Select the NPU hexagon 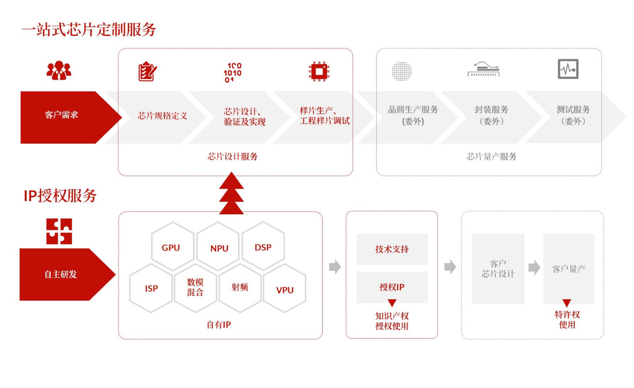click(x=218, y=247)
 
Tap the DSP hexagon click(x=263, y=247)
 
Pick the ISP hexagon click(x=151, y=288)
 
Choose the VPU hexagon click(x=284, y=289)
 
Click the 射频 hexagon click(x=240, y=288)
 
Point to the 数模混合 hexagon click(x=195, y=288)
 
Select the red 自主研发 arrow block click(x=62, y=275)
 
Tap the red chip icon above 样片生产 click(x=319, y=71)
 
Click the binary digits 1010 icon click(x=232, y=73)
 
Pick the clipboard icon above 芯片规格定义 click(x=147, y=72)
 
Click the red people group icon click(x=59, y=70)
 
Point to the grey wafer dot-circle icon click(x=402, y=71)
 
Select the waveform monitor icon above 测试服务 click(x=568, y=69)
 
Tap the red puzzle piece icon click(x=59, y=231)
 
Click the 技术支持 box click(x=392, y=249)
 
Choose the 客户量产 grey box click(x=568, y=269)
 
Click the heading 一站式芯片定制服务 click(x=89, y=29)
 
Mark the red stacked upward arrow click(x=231, y=194)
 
